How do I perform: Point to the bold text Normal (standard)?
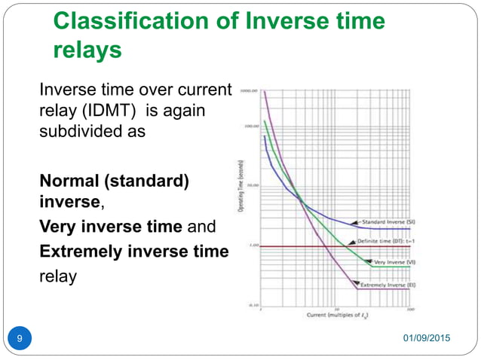pos(114,184)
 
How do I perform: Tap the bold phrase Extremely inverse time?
pos(133,251)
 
